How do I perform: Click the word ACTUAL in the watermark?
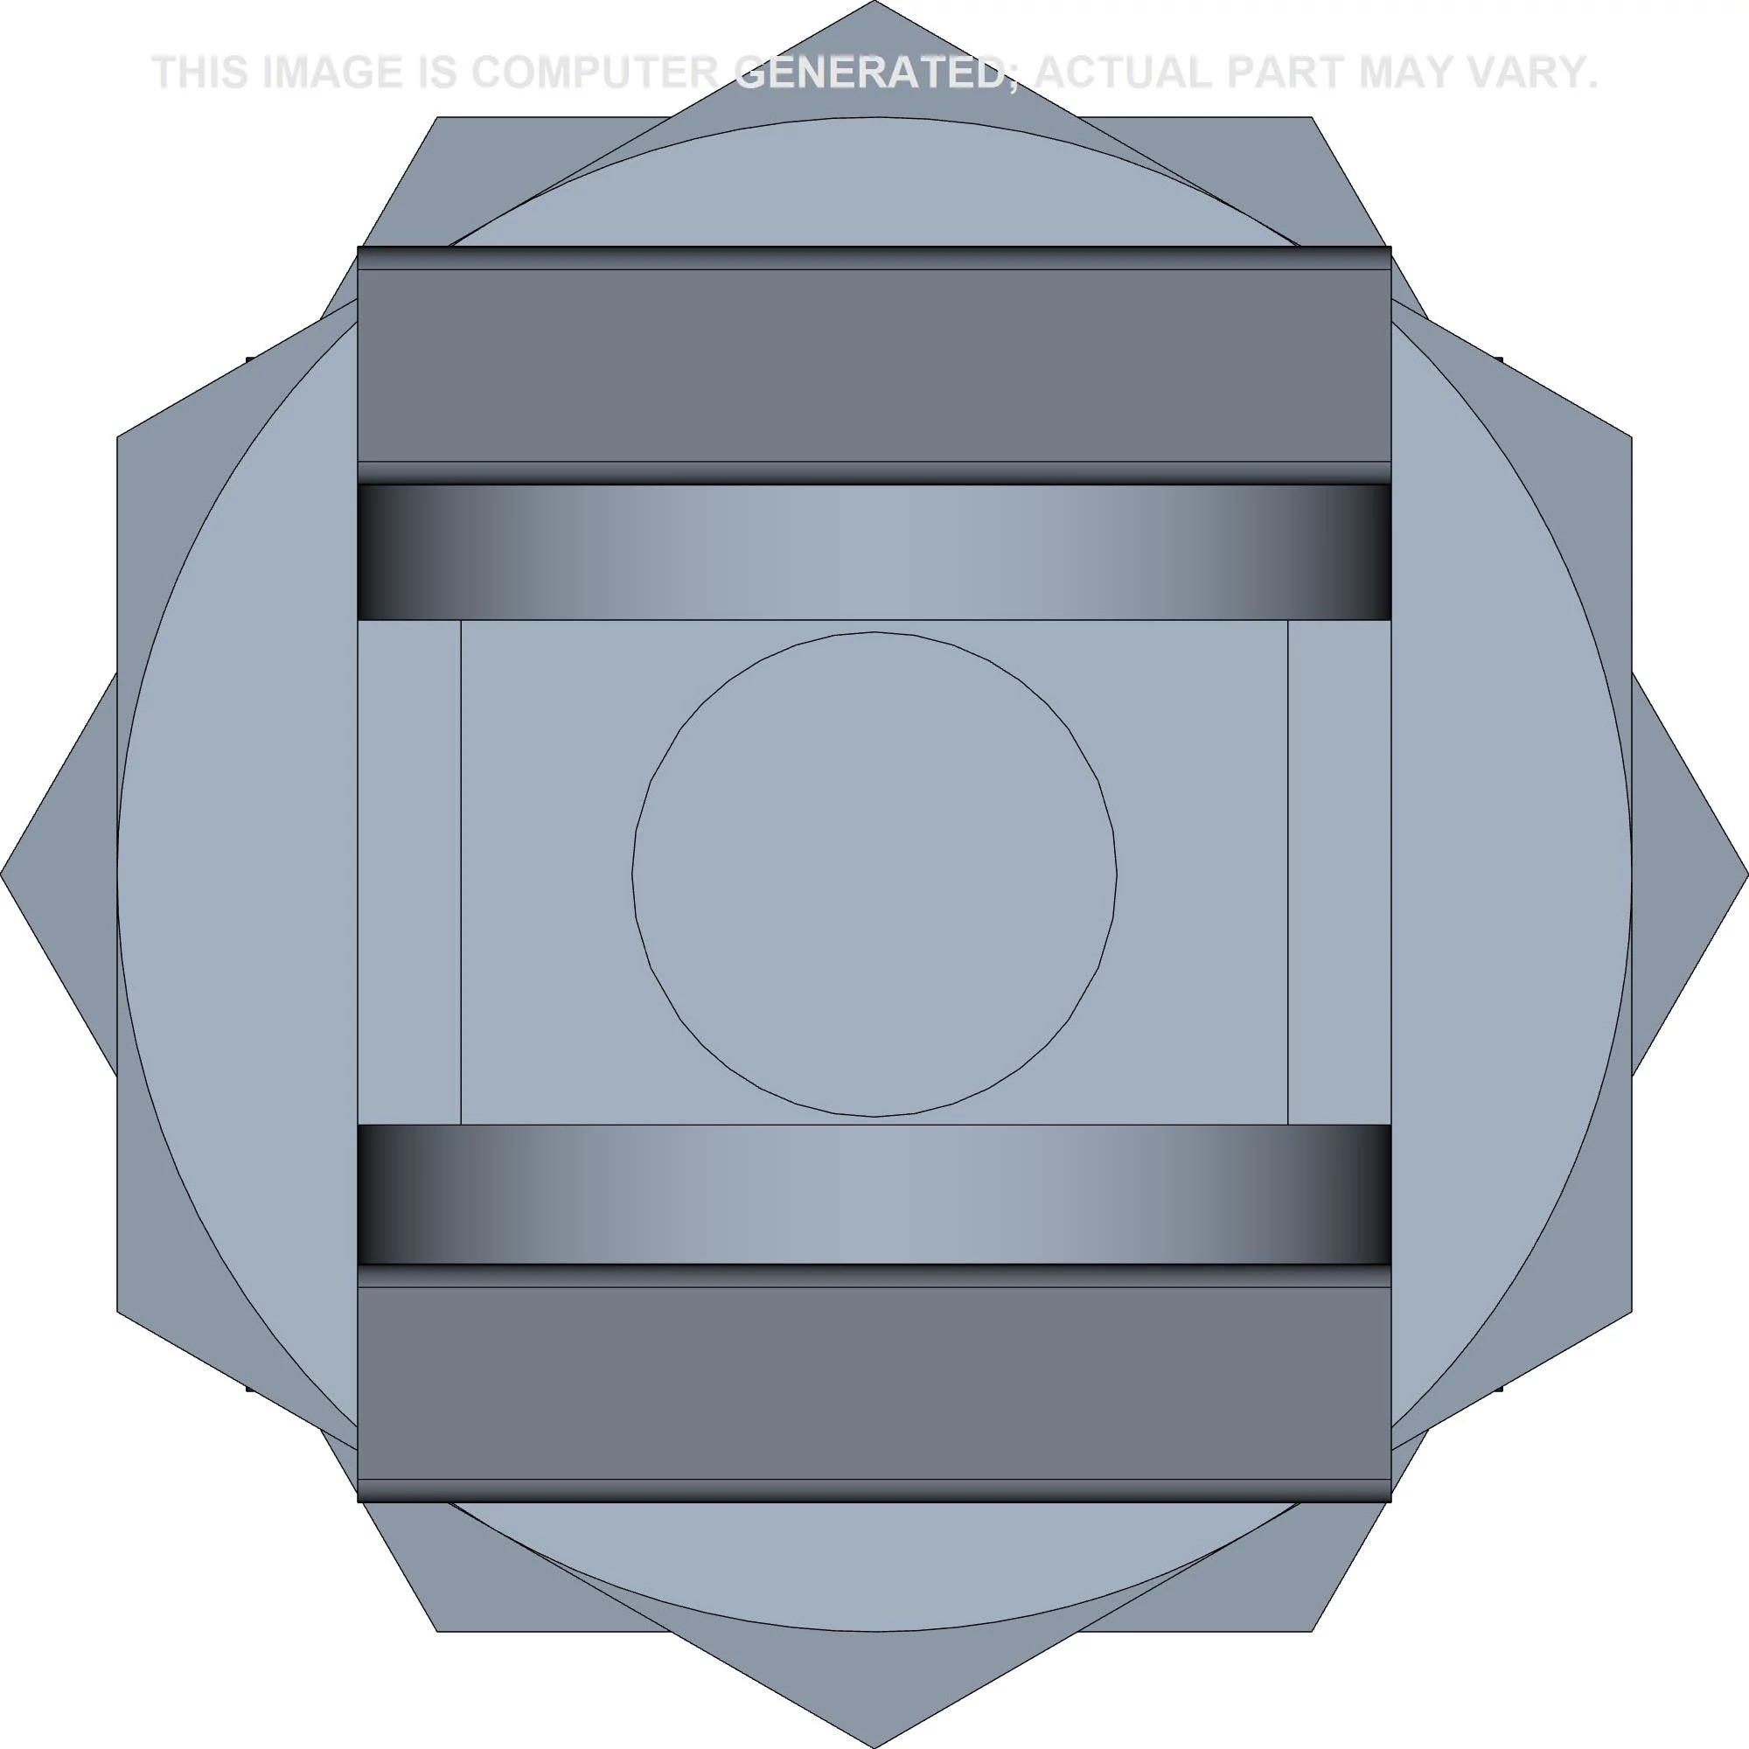tap(1121, 73)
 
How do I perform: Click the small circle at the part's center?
tap(874, 874)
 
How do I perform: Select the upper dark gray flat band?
tap(874, 365)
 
